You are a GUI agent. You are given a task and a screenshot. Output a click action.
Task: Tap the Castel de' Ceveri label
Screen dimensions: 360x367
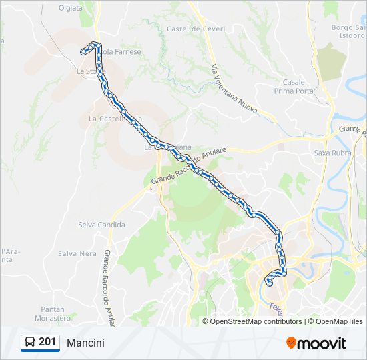(x=196, y=29)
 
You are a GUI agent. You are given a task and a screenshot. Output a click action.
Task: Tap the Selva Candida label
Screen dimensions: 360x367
(x=101, y=225)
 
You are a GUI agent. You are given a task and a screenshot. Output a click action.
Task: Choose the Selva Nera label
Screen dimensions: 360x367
(x=77, y=253)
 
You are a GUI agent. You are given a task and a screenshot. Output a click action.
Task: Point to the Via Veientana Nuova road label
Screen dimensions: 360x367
(x=233, y=89)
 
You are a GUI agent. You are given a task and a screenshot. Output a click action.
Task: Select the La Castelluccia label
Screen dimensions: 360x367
(x=115, y=119)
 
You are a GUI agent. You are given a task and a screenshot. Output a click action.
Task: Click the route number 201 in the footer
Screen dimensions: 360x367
(x=47, y=342)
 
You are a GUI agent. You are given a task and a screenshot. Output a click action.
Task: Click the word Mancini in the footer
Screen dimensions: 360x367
(x=85, y=343)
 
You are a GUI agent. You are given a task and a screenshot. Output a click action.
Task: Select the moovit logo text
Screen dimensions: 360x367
(x=322, y=343)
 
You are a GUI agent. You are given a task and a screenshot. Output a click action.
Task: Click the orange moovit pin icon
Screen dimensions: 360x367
(x=292, y=343)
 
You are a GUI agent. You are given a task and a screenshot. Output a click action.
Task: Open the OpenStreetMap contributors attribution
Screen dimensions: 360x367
(x=256, y=321)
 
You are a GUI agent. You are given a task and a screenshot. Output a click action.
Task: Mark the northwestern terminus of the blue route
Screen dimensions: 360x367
(x=83, y=51)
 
